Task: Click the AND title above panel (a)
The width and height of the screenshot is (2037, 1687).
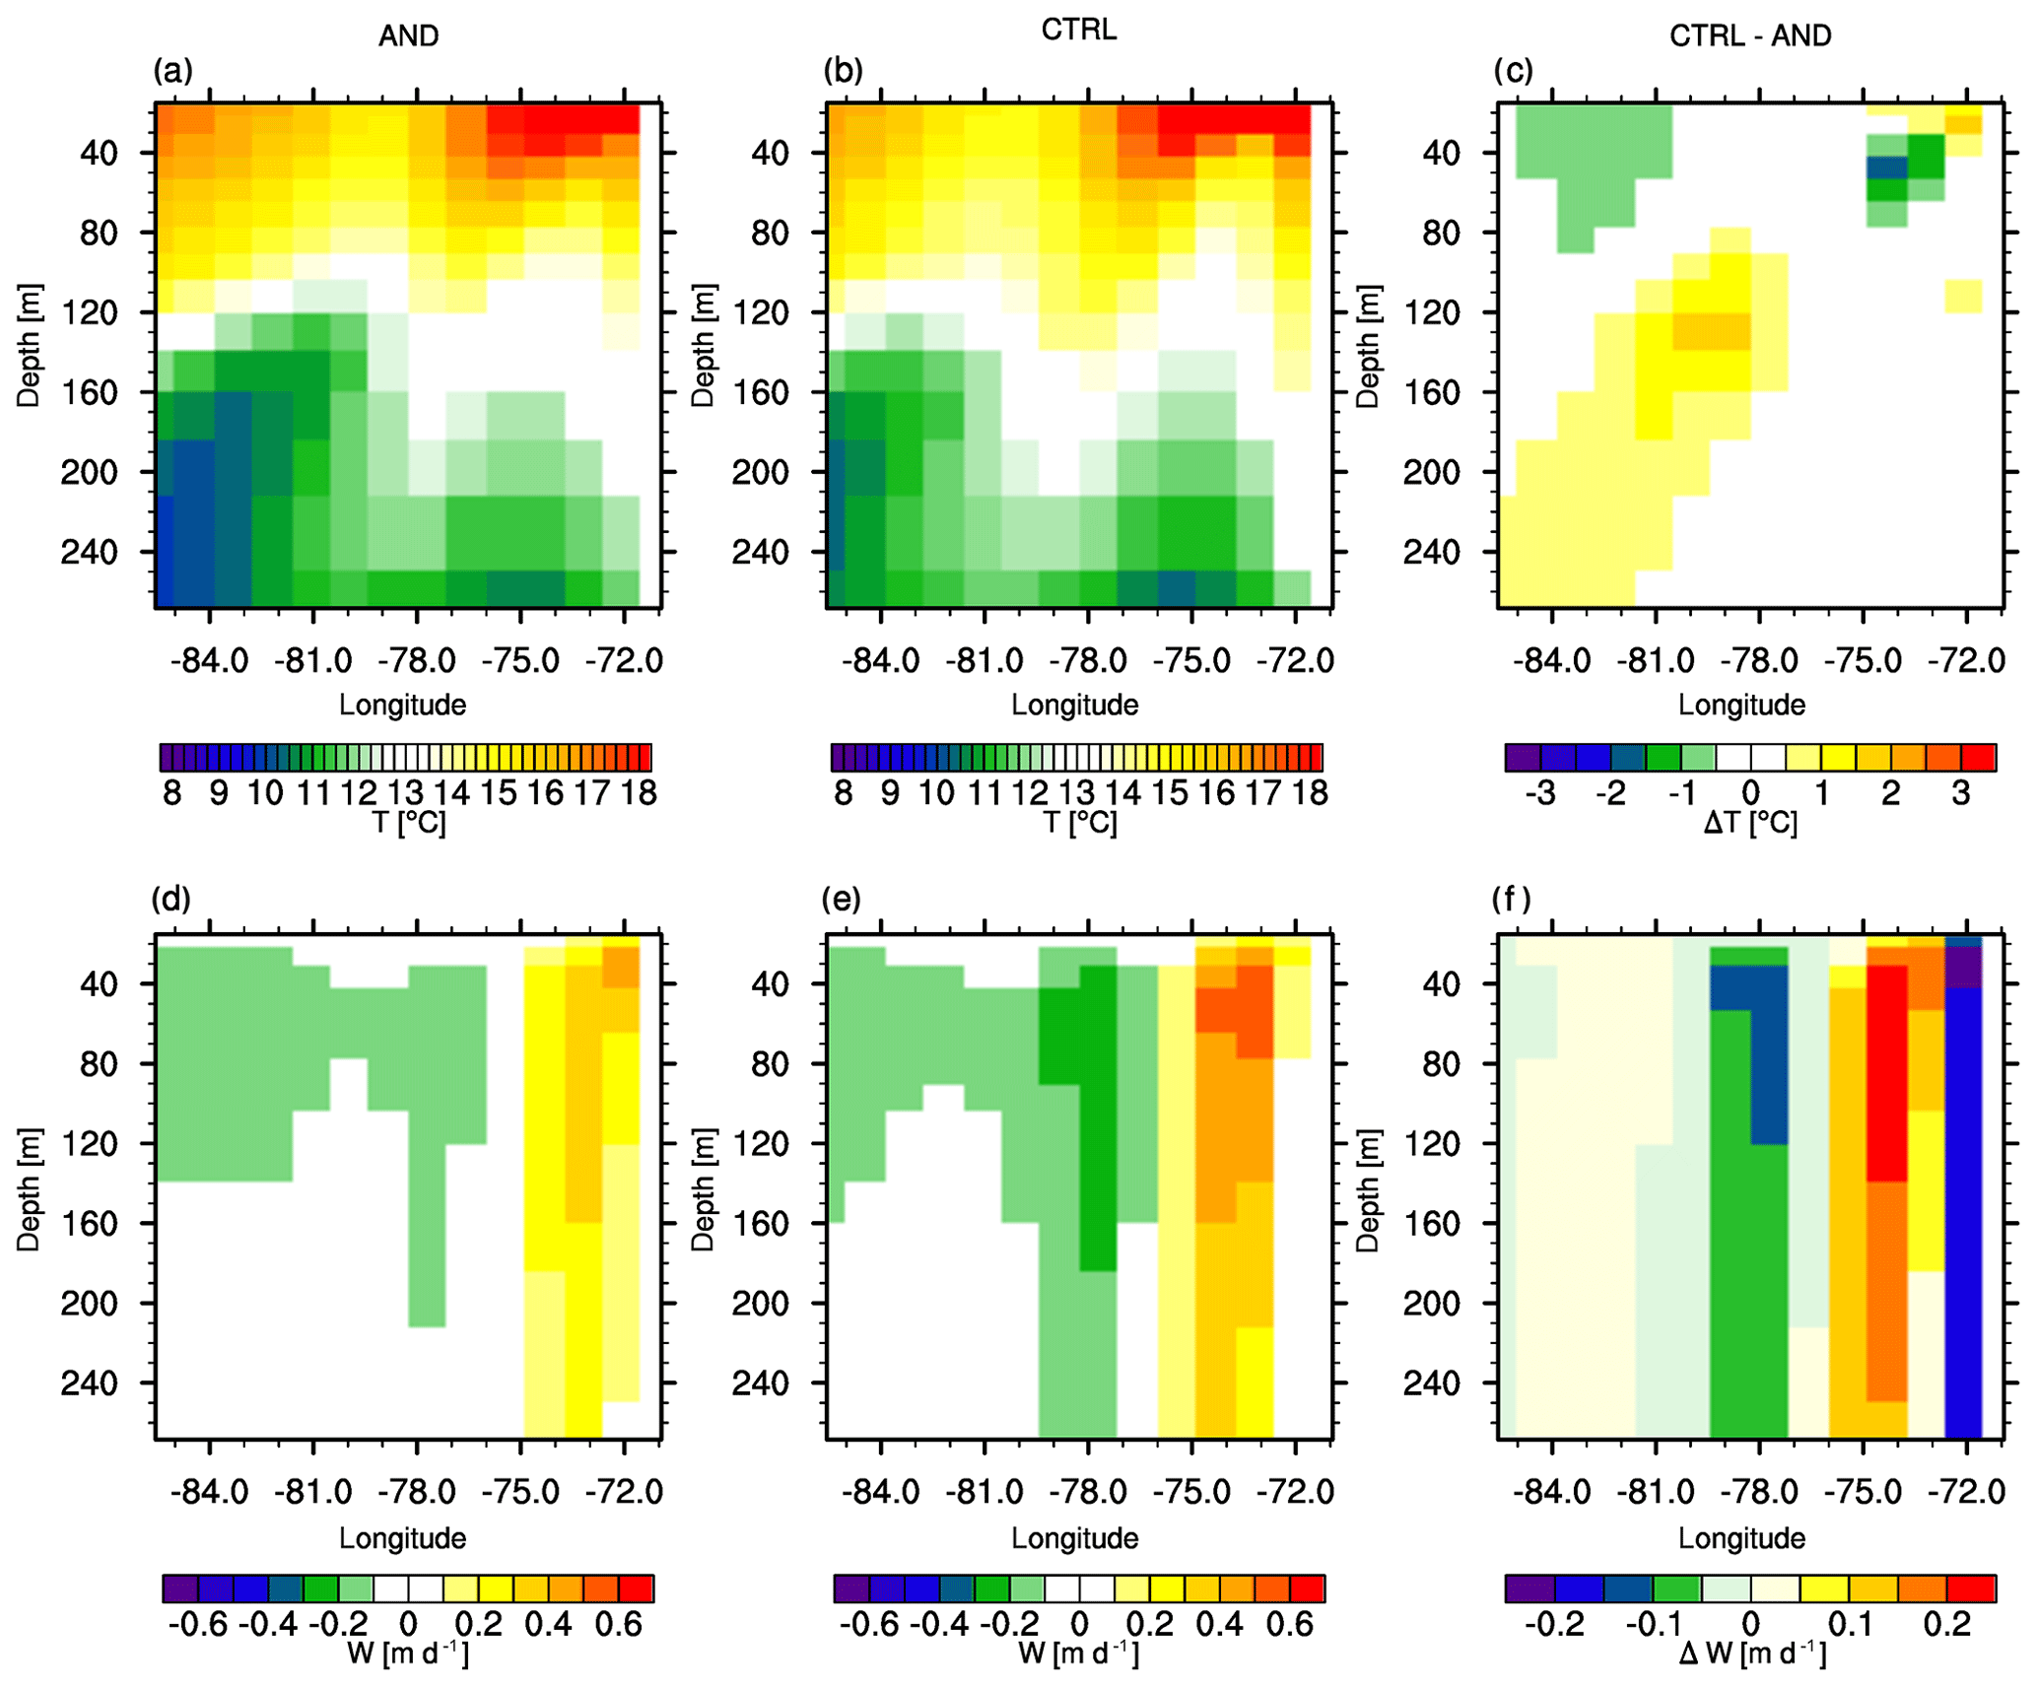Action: pos(408,35)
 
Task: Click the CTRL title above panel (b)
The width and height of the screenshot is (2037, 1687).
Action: pos(1079,30)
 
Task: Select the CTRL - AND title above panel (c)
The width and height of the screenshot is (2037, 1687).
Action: pos(1750,35)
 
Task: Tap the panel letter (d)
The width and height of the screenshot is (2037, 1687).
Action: pos(172,899)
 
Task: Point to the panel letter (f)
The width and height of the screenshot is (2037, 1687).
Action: pos(1513,899)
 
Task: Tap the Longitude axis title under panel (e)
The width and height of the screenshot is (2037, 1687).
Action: pos(1074,1538)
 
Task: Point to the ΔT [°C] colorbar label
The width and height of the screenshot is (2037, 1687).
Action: pos(1750,823)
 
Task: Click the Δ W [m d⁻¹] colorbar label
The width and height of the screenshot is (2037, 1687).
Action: pos(1750,1653)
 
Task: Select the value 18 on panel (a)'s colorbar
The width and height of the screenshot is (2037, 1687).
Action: pos(639,792)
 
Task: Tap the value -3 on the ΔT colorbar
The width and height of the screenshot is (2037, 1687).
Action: pos(1539,792)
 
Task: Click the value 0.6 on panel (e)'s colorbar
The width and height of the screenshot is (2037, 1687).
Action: pos(1290,1624)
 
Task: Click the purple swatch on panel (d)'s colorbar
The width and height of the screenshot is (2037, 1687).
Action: pos(180,1588)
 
